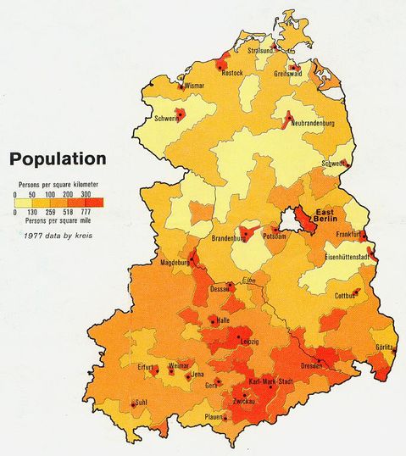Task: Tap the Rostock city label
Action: pyautogui.click(x=232, y=74)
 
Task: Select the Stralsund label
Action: pyautogui.click(x=261, y=51)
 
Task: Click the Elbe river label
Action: pyautogui.click(x=247, y=281)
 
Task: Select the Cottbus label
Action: pyautogui.click(x=343, y=297)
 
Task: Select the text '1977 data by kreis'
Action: pyautogui.click(x=57, y=234)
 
